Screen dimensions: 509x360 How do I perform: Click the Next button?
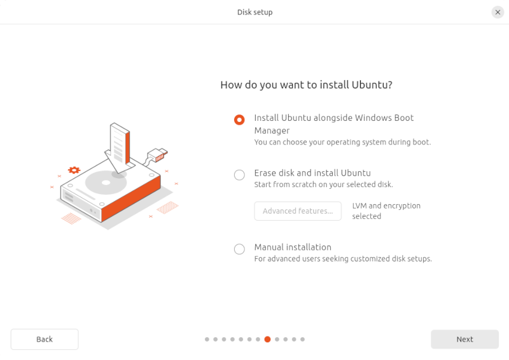coord(464,339)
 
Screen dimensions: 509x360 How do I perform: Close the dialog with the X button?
coord(498,12)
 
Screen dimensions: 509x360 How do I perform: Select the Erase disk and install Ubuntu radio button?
coord(239,175)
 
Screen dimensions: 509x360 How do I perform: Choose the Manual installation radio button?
coord(239,249)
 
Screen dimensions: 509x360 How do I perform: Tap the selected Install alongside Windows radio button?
coord(239,120)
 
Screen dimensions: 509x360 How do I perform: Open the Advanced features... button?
coord(298,211)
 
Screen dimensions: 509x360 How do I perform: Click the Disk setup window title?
coord(255,12)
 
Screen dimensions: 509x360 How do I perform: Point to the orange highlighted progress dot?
coord(267,339)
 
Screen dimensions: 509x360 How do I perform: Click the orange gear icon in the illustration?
coord(74,170)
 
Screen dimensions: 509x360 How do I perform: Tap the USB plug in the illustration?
coord(158,154)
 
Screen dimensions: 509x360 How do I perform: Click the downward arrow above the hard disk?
coord(119,148)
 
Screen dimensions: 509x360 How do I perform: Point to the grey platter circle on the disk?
coord(106,183)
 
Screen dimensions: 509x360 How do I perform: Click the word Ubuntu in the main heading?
coord(372,85)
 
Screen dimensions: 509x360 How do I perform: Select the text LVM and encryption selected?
coord(386,211)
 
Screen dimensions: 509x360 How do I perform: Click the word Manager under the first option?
coord(272,130)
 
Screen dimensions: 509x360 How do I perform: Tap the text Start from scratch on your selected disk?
coord(323,184)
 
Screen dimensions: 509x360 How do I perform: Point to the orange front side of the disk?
coord(131,199)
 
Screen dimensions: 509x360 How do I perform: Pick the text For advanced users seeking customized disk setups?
coord(343,259)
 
